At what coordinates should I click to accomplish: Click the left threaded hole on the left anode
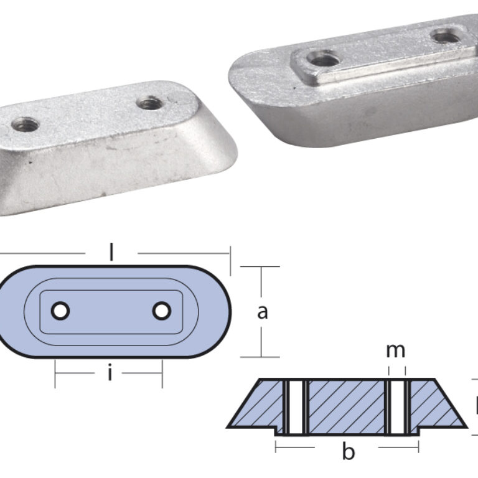25,124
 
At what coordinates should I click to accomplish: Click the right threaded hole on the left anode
150,103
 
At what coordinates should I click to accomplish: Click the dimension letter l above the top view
111,252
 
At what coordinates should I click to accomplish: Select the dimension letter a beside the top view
263,311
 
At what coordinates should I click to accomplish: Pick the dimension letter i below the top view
110,374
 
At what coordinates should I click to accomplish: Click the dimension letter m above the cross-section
395,351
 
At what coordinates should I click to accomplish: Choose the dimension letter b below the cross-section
348,451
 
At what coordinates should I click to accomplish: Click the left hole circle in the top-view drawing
60,311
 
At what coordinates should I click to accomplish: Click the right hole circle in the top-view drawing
161,311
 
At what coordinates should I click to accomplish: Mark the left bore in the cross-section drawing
296,407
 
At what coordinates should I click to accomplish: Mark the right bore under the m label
397,407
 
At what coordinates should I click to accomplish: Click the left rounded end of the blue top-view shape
14,311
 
